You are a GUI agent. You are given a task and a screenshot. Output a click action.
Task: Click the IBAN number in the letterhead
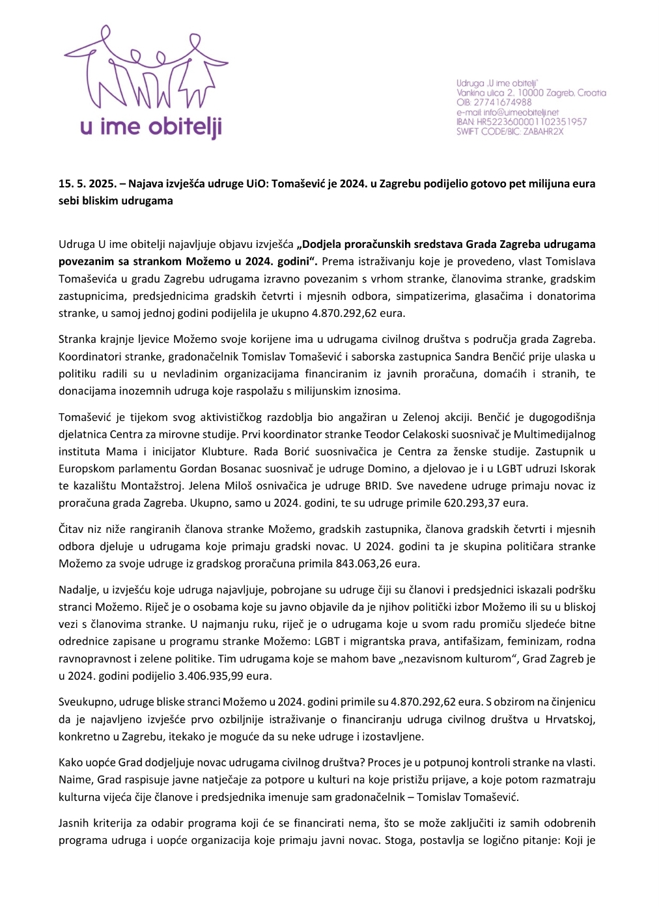coord(532,122)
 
